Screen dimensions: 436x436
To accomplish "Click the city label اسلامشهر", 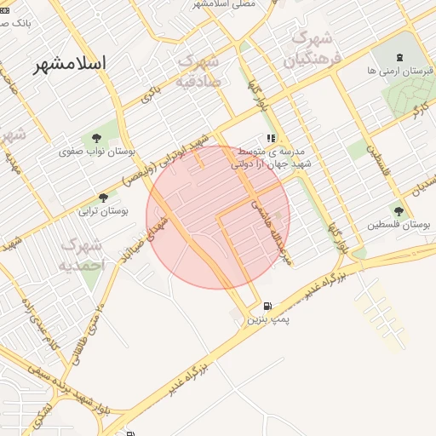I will pyautogui.click(x=70, y=64).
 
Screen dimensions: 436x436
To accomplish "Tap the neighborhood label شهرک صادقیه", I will pyautogui.click(x=198, y=72).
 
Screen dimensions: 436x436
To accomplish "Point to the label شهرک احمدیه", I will pyautogui.click(x=81, y=255).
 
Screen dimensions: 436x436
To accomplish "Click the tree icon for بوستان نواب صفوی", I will pyautogui.click(x=95, y=136).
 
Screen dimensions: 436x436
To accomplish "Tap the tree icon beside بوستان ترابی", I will pyautogui.click(x=104, y=198).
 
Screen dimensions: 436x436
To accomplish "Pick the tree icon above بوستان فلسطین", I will pyautogui.click(x=399, y=210).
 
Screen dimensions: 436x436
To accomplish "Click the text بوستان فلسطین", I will pyautogui.click(x=399, y=225).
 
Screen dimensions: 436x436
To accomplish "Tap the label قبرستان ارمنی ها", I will pyautogui.click(x=394, y=72).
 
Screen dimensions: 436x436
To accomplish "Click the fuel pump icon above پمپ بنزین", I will pyautogui.click(x=268, y=307).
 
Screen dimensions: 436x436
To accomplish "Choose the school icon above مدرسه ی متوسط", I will pyautogui.click(x=271, y=138).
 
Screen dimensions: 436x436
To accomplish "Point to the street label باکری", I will pyautogui.click(x=151, y=94).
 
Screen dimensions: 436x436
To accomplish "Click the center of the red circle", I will pyautogui.click(x=218, y=217).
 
